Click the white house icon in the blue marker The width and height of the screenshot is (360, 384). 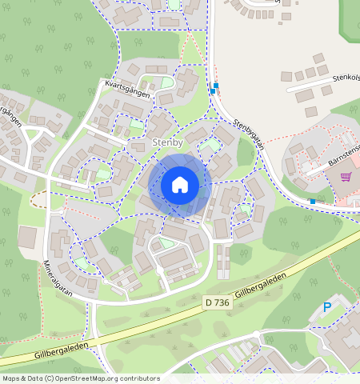(180, 185)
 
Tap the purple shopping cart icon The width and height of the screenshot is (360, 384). (346, 177)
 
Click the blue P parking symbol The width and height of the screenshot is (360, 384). (326, 307)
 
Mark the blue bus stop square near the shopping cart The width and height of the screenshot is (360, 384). (312, 201)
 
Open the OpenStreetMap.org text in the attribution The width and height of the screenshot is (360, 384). (85, 378)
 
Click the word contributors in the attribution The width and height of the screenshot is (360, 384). (136, 378)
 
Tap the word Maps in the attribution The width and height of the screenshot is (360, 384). (11, 378)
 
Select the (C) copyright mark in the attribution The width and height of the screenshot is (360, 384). (49, 378)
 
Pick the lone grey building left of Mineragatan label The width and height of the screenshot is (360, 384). (27, 237)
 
